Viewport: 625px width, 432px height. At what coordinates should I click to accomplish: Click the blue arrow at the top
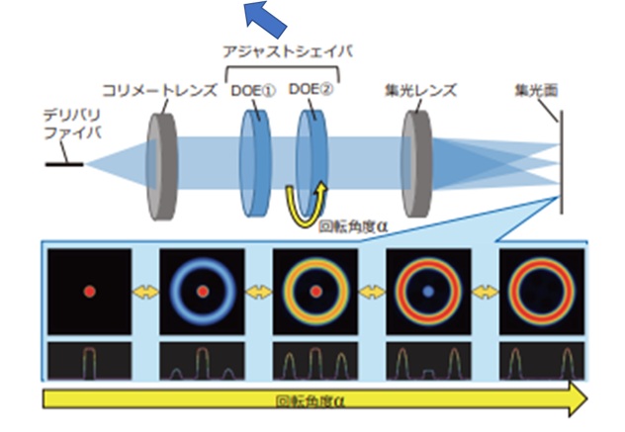260,17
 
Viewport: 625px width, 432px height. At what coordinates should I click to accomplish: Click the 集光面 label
536,90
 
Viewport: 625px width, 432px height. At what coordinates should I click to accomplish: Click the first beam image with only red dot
90,292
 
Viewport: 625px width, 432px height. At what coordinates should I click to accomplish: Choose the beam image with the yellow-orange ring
314,292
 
